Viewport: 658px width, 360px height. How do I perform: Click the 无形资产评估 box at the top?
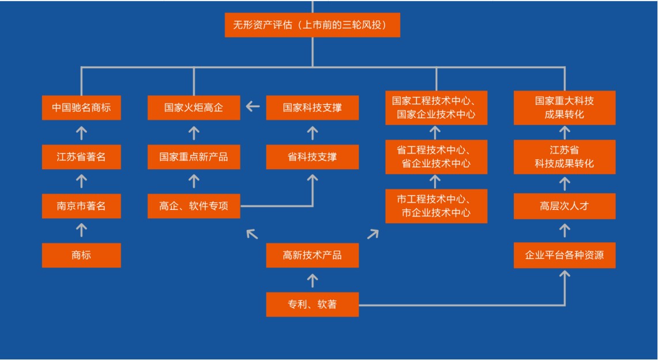[312, 25]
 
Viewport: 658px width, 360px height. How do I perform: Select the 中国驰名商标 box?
[81, 107]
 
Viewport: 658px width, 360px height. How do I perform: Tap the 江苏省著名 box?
[81, 157]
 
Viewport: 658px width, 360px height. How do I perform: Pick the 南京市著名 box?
[81, 206]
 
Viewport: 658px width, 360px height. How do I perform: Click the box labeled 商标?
[81, 255]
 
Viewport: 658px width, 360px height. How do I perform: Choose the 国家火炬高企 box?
[194, 107]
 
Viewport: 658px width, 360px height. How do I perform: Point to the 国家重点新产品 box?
[194, 157]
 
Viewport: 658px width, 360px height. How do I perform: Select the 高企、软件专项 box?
[194, 206]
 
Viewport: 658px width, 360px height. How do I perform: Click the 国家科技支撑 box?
[312, 107]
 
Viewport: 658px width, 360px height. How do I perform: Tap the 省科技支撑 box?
[312, 157]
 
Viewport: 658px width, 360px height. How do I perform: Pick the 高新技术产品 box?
[312, 255]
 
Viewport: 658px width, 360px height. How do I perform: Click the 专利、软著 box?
[312, 304]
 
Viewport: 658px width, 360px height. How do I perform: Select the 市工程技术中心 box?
[436, 206]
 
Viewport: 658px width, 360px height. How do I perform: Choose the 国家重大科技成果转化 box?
[564, 107]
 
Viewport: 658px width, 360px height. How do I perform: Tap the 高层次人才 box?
[564, 206]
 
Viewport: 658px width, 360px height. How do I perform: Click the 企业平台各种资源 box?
[564, 255]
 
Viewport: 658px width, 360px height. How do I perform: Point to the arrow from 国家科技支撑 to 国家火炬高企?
[253, 107]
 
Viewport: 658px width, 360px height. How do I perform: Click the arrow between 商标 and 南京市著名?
[81, 230]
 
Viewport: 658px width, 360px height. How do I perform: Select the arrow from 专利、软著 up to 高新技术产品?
[312, 280]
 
